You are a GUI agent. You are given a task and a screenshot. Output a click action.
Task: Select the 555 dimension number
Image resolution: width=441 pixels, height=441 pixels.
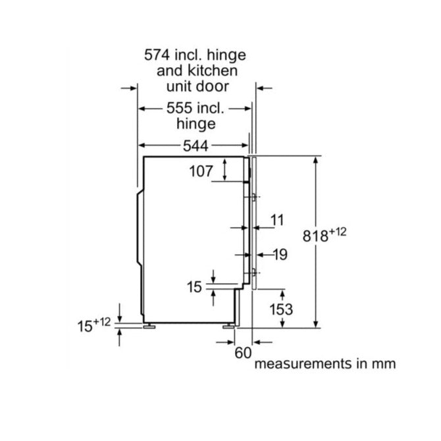tap(161, 107)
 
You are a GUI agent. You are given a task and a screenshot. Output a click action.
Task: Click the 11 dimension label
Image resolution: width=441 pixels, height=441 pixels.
tap(277, 219)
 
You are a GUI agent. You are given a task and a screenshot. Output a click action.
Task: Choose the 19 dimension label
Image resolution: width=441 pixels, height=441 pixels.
tap(280, 254)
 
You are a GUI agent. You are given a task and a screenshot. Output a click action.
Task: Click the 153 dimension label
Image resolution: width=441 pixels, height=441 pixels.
tap(280, 309)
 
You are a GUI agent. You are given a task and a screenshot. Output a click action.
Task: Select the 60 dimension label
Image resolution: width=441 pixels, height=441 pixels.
tap(243, 352)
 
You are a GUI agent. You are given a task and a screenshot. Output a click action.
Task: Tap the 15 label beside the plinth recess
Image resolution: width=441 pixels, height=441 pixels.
tap(194, 286)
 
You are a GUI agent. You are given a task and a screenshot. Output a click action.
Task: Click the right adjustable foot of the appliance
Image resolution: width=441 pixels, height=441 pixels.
tap(230, 324)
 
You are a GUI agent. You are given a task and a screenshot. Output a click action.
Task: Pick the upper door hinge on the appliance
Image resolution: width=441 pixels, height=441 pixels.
tap(254, 196)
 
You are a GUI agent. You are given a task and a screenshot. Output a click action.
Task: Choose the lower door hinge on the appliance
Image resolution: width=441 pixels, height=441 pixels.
tap(254, 272)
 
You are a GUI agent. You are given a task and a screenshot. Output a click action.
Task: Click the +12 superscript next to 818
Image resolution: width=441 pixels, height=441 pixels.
tap(337, 230)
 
